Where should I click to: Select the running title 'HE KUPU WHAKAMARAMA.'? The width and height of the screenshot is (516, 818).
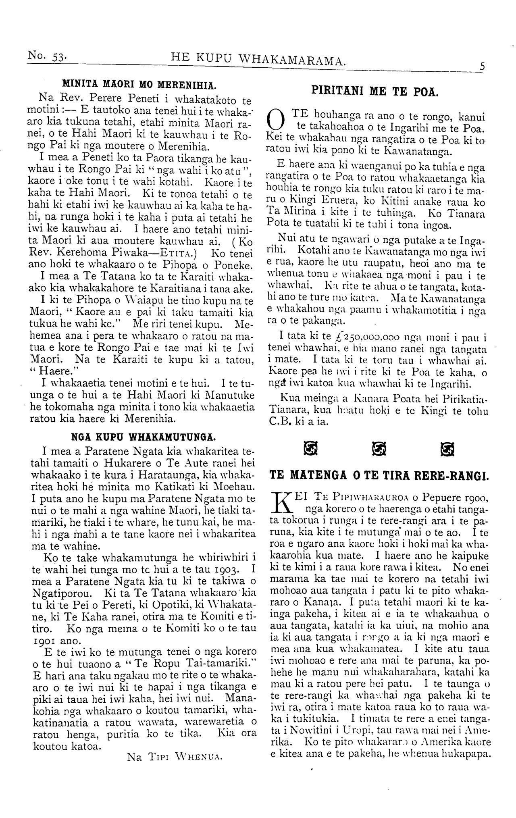point(259,60)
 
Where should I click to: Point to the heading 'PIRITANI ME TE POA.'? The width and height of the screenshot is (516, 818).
point(375,92)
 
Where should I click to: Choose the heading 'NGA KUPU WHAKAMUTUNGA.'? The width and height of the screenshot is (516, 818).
point(143,436)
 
